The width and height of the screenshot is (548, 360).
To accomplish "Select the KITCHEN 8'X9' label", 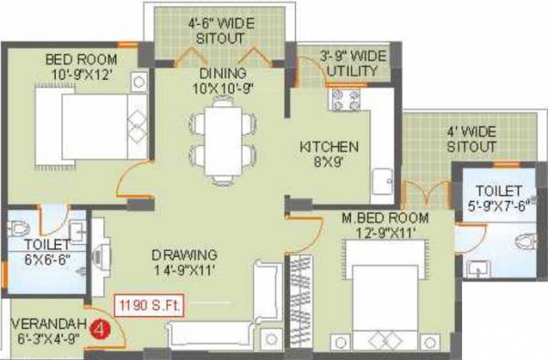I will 330,154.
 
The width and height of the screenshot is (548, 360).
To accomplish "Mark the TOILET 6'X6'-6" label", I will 46,253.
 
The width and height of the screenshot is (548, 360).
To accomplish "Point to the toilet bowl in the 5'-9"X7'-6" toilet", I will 523,241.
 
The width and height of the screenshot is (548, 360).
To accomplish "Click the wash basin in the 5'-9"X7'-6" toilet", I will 476,270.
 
